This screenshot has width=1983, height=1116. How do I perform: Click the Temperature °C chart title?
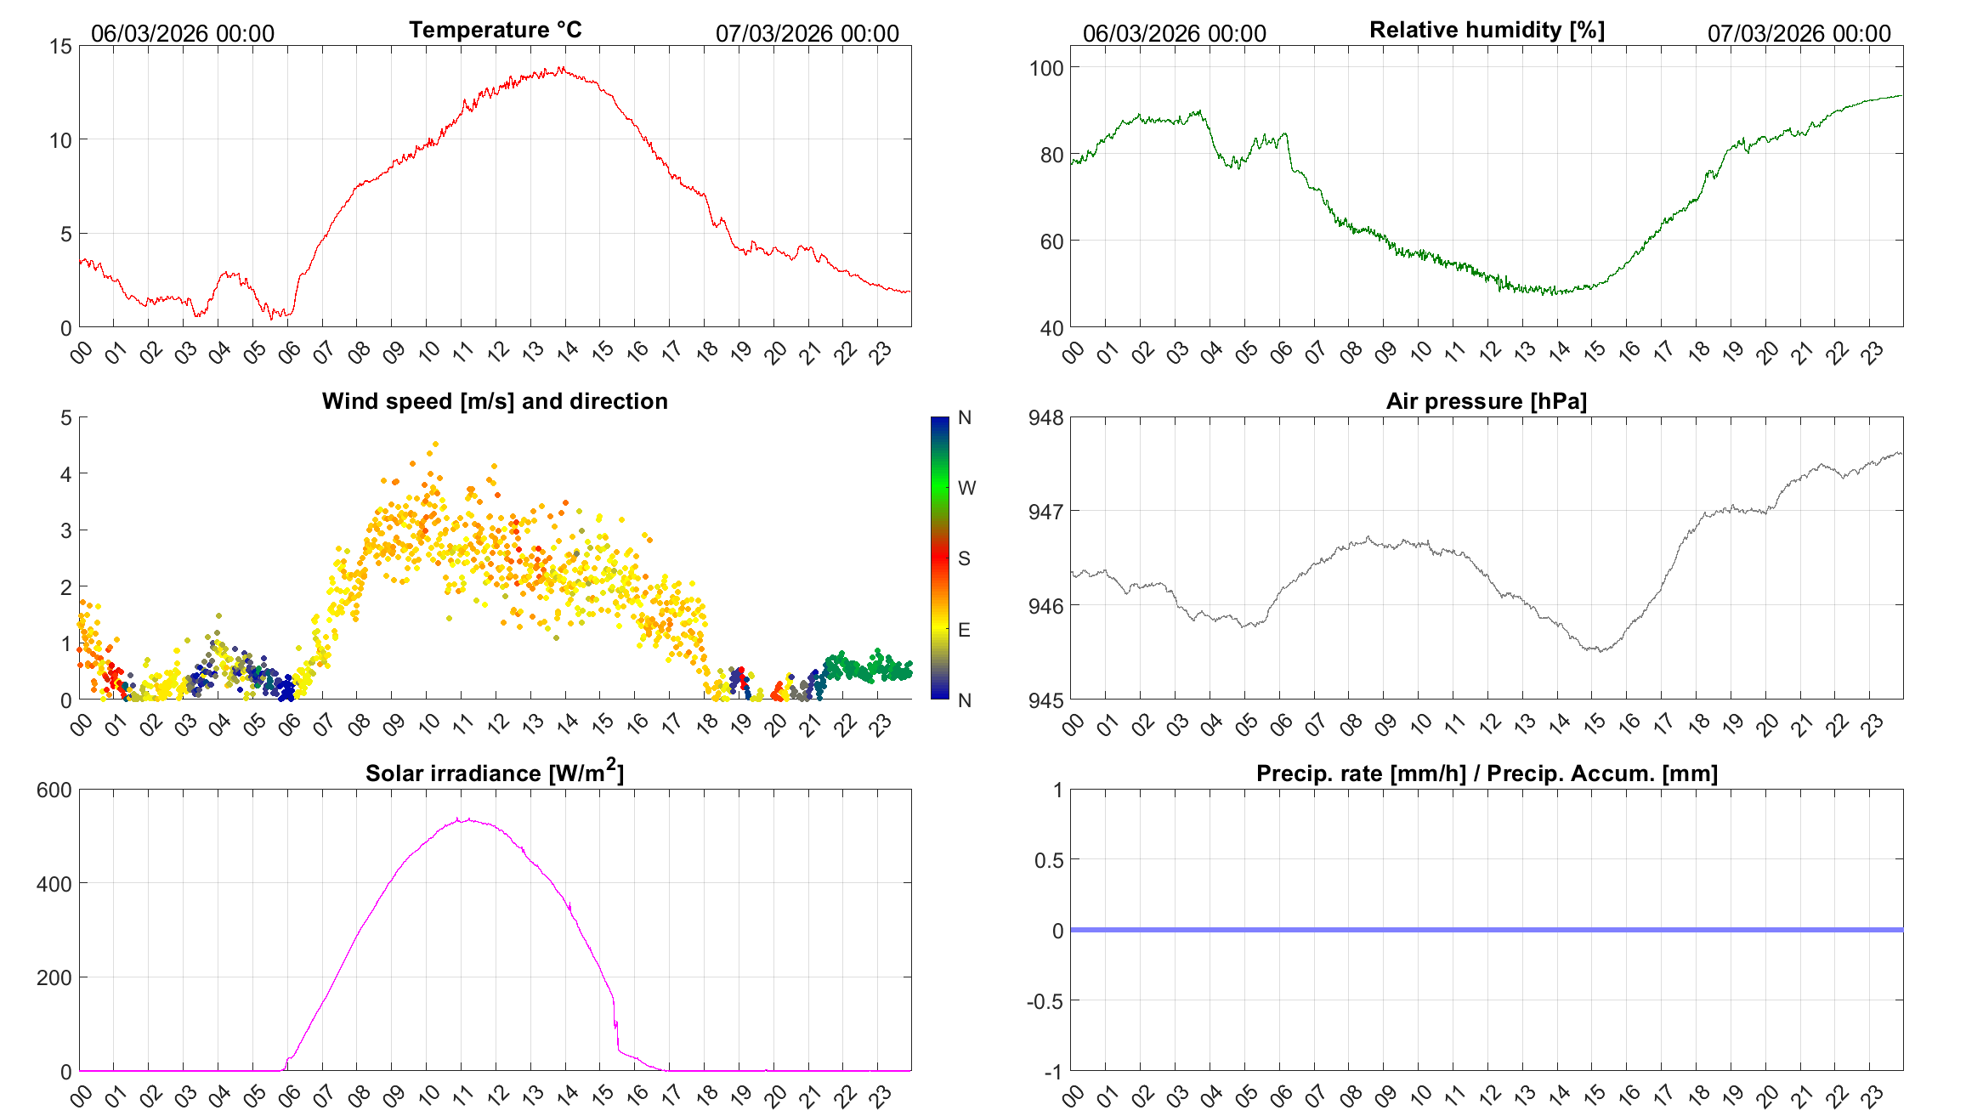click(x=495, y=30)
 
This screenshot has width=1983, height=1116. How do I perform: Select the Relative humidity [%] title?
click(x=1487, y=30)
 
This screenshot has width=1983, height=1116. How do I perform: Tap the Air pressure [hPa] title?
click(x=1486, y=401)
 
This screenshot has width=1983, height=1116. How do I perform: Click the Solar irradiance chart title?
click(x=495, y=773)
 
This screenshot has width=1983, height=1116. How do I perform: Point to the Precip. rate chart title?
click(x=1487, y=773)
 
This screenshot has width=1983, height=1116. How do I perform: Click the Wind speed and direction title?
click(x=495, y=401)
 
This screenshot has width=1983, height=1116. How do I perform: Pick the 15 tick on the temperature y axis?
click(x=61, y=47)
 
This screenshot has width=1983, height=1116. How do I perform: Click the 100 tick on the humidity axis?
click(x=1045, y=68)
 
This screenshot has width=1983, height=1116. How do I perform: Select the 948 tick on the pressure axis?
click(x=1045, y=417)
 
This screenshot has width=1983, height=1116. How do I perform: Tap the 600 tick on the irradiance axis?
click(x=54, y=790)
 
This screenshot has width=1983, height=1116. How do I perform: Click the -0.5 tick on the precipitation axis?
click(x=1045, y=1001)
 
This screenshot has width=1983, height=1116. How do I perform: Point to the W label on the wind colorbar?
click(x=966, y=488)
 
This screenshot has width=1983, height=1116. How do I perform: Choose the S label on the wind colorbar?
click(x=964, y=558)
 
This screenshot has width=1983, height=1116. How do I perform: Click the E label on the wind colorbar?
click(x=964, y=630)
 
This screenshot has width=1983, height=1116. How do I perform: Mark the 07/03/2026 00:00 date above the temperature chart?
click(x=807, y=34)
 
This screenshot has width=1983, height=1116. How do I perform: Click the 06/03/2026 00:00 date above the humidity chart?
click(x=1174, y=34)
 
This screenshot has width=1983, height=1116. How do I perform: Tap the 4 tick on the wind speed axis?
click(x=66, y=474)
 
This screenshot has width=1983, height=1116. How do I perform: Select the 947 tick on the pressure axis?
click(x=1045, y=512)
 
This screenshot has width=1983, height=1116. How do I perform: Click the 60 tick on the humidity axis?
click(x=1051, y=241)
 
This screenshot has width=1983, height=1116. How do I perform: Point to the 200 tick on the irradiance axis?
click(x=54, y=977)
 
